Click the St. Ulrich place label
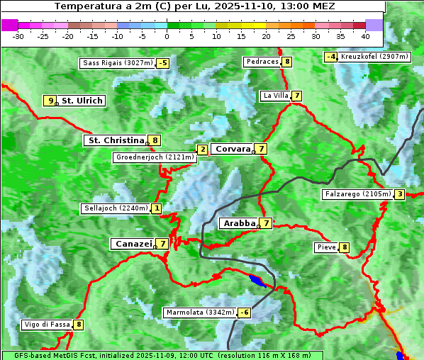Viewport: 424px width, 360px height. coord(82,101)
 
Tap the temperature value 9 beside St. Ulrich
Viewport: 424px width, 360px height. coord(50,101)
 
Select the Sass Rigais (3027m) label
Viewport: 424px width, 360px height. coord(117,63)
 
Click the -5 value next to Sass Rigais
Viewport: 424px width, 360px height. coord(163,63)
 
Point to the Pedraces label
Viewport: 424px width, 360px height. coord(262,62)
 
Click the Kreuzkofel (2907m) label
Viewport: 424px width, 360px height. coord(374,56)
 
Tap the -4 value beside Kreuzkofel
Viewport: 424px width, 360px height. coord(330,57)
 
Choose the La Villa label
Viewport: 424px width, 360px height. coord(275,96)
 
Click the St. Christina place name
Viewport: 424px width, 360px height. coord(115,140)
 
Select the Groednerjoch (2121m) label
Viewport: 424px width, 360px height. coord(154,157)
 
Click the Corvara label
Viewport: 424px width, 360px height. coord(233,149)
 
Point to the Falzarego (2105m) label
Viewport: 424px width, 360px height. coord(357,193)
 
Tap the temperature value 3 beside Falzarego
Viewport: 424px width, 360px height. coord(400,194)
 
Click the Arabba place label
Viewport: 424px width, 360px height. coord(239,223)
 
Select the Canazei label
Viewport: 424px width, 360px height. coord(133,244)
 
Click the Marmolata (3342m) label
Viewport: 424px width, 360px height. coord(199,313)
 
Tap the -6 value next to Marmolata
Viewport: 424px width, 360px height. coord(245,313)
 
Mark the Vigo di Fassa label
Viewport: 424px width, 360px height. coord(47,325)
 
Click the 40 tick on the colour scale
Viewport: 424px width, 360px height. coord(364,35)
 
